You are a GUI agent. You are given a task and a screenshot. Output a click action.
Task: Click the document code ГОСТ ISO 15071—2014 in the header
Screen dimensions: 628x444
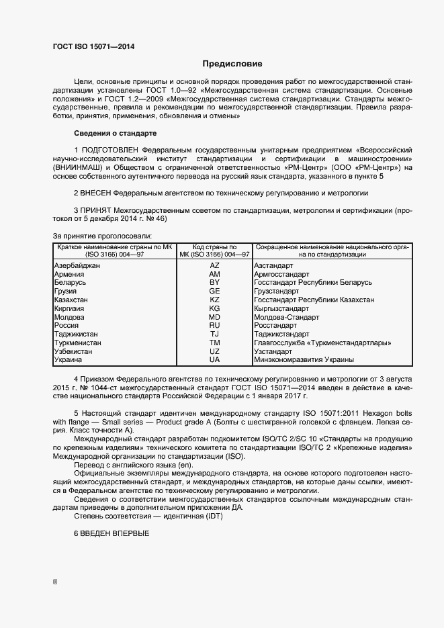click(93, 46)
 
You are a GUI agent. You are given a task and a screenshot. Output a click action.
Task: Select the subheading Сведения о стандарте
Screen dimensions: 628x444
click(115, 132)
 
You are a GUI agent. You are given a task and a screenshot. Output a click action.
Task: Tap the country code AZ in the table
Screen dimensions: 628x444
click(214, 266)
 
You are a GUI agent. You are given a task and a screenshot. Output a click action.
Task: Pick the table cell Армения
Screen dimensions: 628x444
click(69, 275)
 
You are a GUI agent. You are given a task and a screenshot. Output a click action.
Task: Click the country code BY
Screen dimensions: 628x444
click(214, 283)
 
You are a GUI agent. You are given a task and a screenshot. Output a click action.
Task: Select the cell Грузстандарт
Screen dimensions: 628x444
click(279, 291)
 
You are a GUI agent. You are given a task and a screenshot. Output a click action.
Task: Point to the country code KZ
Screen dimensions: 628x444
click(214, 300)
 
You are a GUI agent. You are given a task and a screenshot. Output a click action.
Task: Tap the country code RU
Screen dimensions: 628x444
click(214, 325)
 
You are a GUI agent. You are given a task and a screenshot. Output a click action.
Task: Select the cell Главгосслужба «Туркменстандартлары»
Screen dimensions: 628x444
click(323, 343)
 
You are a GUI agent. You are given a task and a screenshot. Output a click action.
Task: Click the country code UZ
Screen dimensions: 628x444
click(214, 351)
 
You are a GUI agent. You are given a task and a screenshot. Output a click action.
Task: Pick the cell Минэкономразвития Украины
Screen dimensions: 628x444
click(304, 360)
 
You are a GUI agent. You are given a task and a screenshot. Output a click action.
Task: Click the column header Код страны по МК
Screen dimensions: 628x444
click(214, 247)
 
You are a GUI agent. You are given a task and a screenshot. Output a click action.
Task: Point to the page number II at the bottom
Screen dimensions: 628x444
click(55, 581)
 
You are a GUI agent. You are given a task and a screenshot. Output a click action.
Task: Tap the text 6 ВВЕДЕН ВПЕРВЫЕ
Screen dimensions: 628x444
click(111, 533)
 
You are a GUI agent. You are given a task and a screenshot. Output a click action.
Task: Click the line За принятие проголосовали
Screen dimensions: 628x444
click(102, 236)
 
